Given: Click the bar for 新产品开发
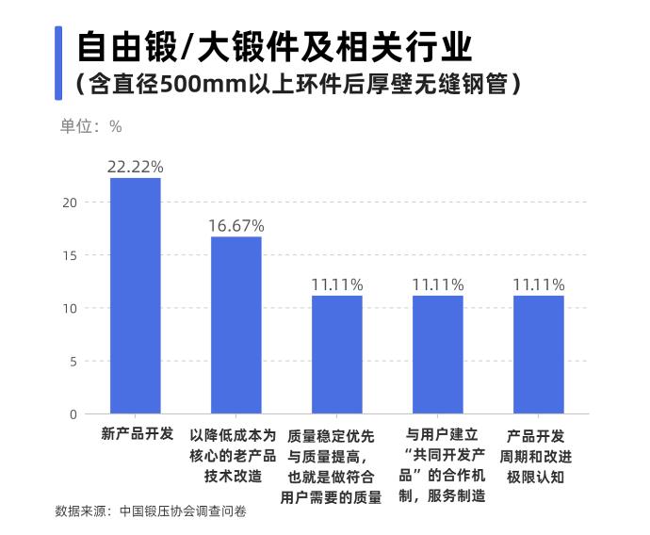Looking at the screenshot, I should point(136,296).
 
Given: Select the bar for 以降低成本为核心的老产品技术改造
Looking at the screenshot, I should point(236,325).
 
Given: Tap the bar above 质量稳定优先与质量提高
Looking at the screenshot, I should point(336,355).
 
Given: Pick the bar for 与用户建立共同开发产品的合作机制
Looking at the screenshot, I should point(437,355).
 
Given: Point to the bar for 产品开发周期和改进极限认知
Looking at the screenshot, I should point(538,355).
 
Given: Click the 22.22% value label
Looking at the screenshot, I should point(136,167).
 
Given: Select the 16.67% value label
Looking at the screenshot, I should point(236,226).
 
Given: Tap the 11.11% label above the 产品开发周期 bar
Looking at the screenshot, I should point(538,284).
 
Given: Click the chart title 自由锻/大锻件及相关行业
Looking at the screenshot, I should point(274,45).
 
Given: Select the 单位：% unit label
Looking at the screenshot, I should point(91,126).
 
